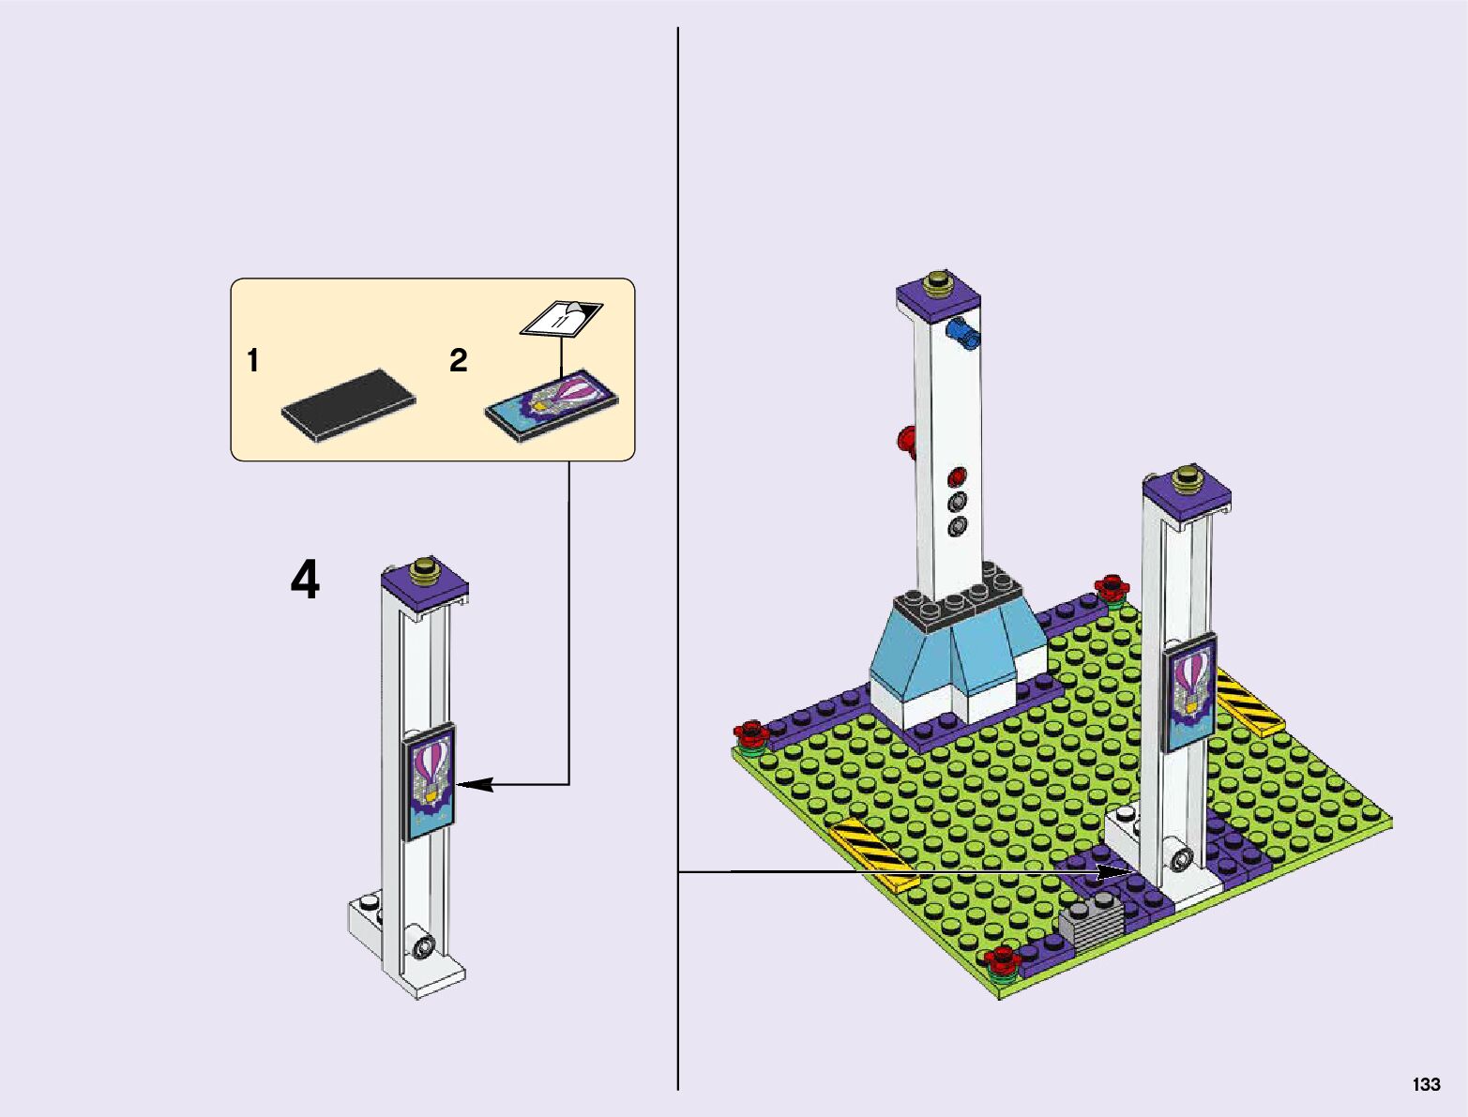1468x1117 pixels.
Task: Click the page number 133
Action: [1426, 1083]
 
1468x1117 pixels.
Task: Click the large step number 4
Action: [305, 580]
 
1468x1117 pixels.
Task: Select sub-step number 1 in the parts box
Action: [253, 360]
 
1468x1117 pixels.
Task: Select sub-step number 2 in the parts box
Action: [458, 360]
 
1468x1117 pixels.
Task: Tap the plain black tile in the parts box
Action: [348, 405]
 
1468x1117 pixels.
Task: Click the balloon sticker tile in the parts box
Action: [552, 405]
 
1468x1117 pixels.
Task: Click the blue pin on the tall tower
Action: [962, 333]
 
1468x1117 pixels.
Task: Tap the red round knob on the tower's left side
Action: [907, 441]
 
